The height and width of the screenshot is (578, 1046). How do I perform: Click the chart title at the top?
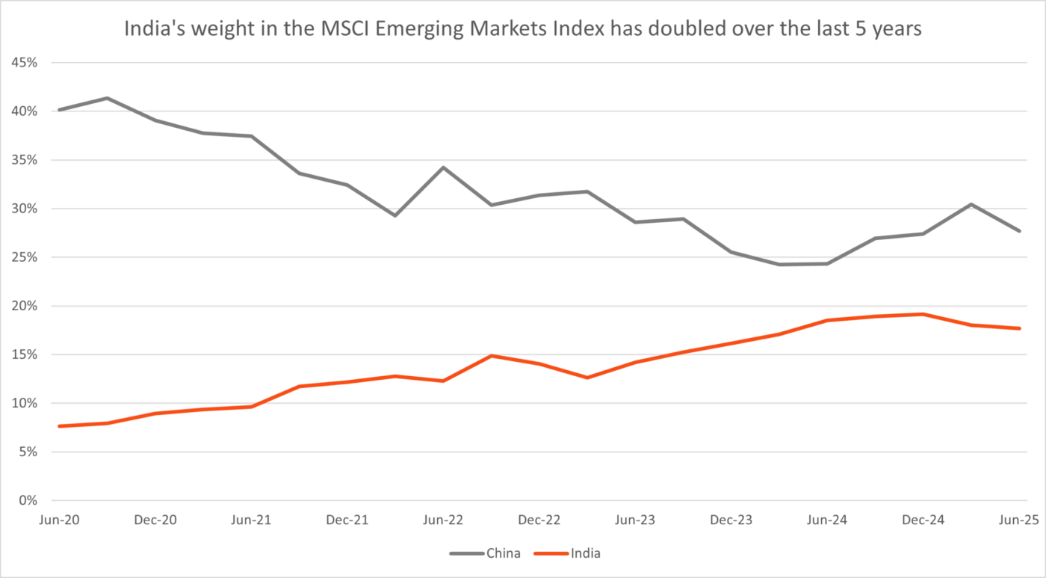(523, 30)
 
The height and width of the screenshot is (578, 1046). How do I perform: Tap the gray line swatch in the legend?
(466, 554)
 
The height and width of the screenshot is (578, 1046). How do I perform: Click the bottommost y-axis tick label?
(28, 499)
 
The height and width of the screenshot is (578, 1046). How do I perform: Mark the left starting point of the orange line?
(58, 425)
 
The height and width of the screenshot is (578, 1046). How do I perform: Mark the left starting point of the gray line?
(58, 108)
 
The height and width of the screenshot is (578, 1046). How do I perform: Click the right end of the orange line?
(1020, 329)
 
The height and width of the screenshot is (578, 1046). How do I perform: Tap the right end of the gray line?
(1020, 229)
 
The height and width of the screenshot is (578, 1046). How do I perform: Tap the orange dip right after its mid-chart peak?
(587, 378)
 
